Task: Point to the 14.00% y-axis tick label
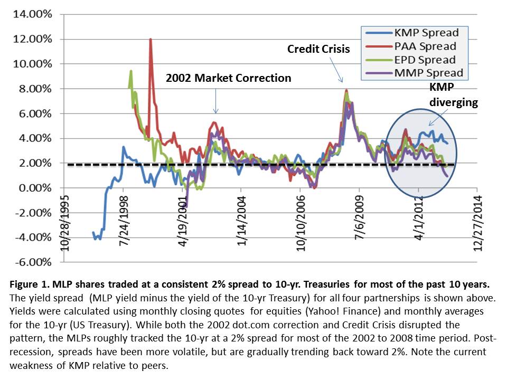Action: point(33,14)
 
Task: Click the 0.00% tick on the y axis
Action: point(35,188)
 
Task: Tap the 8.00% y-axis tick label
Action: point(35,89)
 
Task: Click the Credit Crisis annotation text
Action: point(318,49)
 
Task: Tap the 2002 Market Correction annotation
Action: point(229,78)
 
